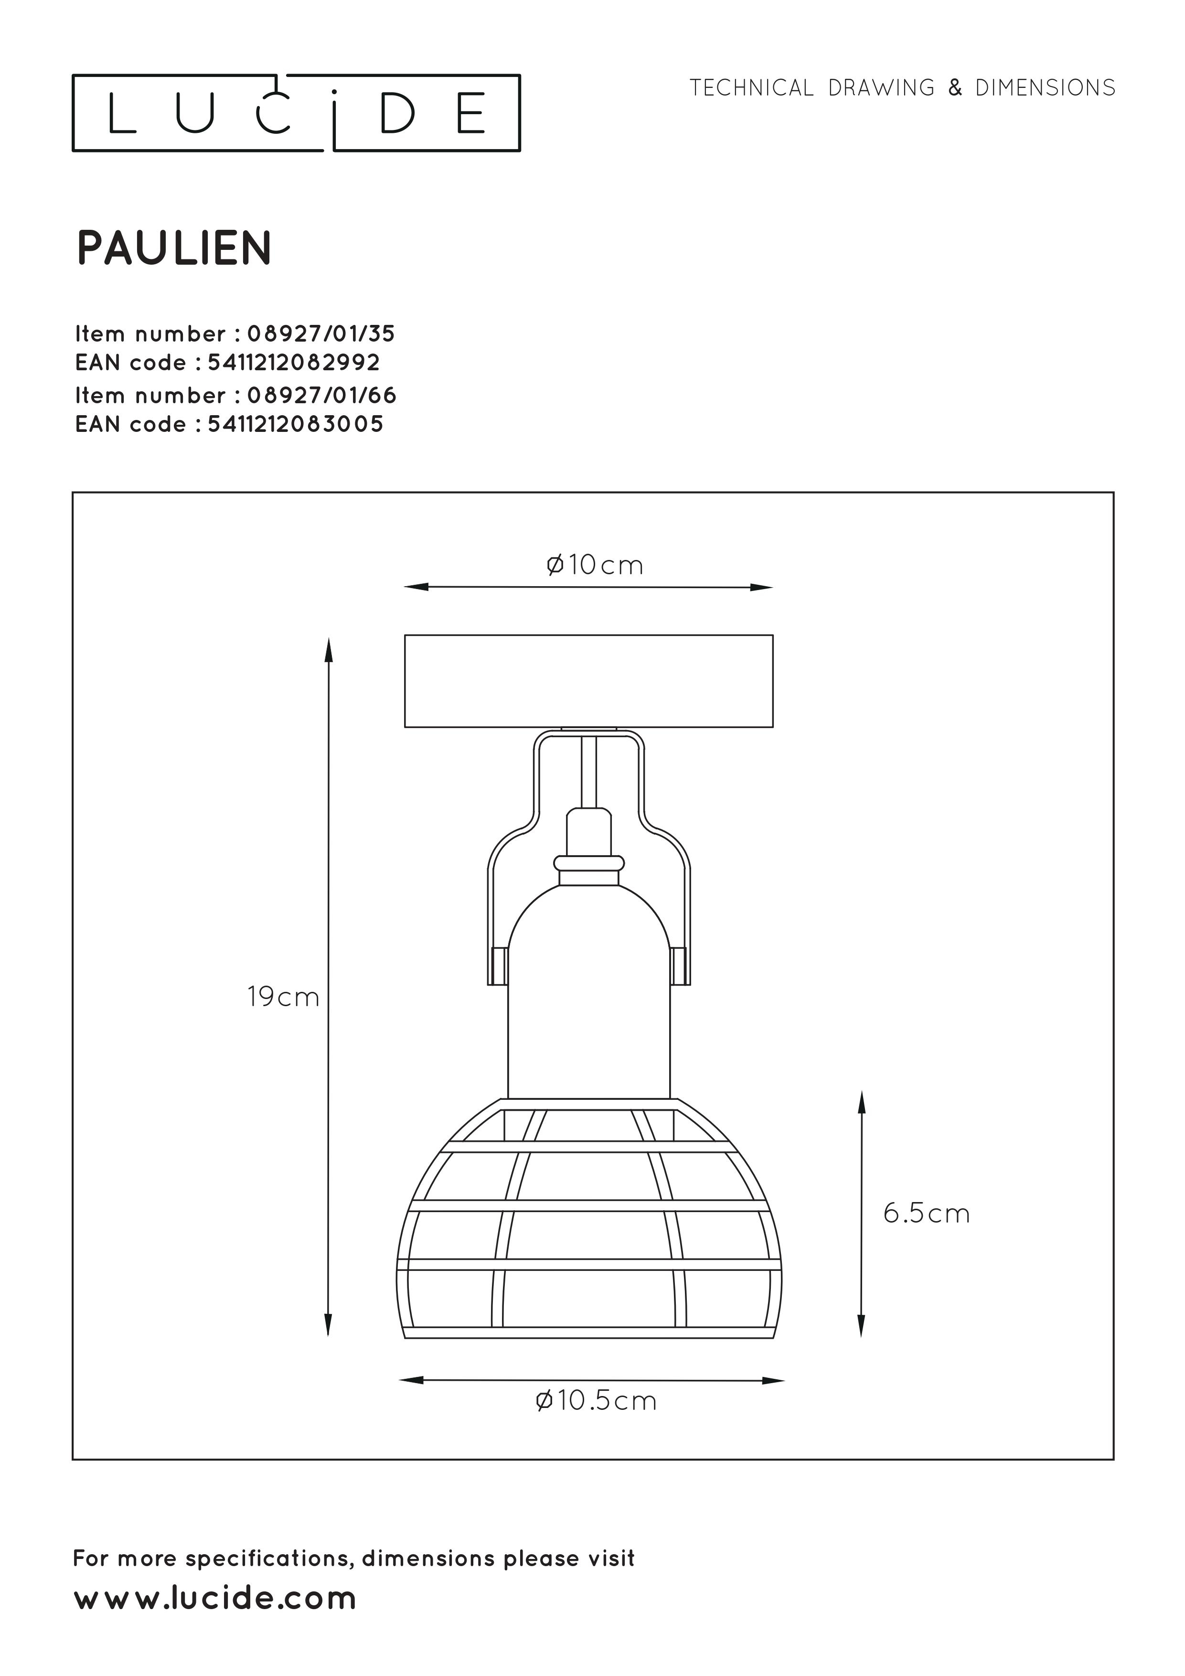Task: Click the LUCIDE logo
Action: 296,113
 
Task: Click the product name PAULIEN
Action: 174,248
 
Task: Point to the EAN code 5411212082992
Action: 294,362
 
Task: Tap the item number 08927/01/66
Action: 322,395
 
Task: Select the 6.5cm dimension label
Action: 927,1213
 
